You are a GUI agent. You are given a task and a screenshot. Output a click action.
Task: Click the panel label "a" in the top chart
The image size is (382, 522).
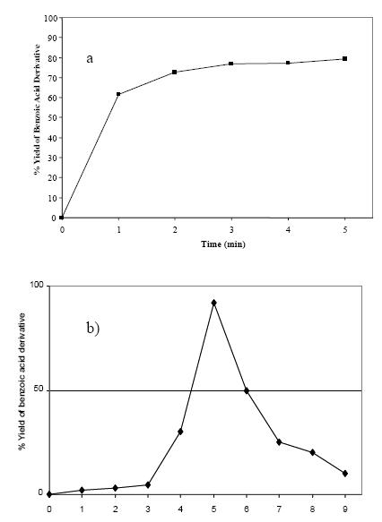pyautogui.click(x=90, y=59)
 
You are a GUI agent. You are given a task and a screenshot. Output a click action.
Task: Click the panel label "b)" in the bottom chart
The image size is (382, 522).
pyautogui.click(x=92, y=327)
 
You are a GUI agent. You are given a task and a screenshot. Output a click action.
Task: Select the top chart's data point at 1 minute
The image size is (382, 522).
pyautogui.click(x=118, y=94)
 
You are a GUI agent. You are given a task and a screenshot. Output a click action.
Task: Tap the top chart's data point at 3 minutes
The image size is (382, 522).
pyautogui.click(x=231, y=64)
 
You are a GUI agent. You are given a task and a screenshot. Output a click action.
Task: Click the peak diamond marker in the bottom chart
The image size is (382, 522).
pyautogui.click(x=213, y=303)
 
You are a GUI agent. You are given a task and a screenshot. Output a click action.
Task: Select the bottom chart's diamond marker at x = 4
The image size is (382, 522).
pyautogui.click(x=180, y=432)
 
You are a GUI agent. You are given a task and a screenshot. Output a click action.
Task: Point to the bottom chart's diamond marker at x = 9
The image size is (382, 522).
pyautogui.click(x=345, y=473)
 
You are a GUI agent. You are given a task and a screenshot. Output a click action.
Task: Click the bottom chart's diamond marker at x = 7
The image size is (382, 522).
pyautogui.click(x=279, y=442)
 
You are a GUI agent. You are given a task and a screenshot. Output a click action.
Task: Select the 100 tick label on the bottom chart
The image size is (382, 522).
pyautogui.click(x=36, y=286)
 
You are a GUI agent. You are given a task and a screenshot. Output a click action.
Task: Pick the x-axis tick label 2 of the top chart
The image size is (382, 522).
pyautogui.click(x=175, y=229)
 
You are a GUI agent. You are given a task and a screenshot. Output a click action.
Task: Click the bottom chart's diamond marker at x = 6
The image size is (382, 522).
pyautogui.click(x=247, y=390)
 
